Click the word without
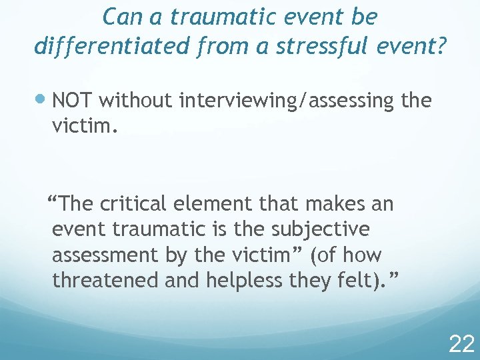click(x=136, y=101)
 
